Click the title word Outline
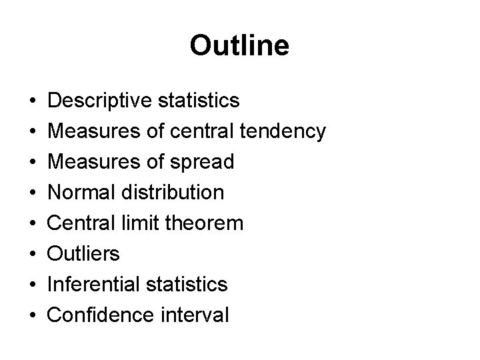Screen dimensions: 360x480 pyautogui.click(x=239, y=46)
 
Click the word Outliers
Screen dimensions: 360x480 pyautogui.click(x=85, y=254)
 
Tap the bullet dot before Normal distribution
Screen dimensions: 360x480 pyautogui.click(x=31, y=193)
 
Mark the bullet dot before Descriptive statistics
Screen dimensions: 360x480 pyautogui.click(x=31, y=101)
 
